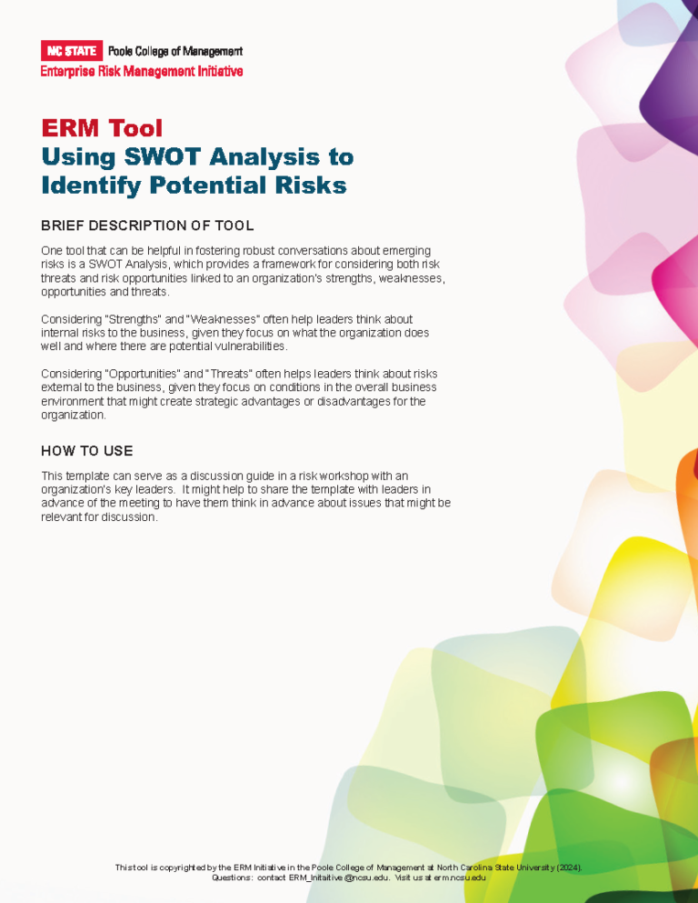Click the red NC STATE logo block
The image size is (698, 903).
71,51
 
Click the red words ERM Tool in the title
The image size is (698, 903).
102,128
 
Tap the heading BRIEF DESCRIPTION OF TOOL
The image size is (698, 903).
147,226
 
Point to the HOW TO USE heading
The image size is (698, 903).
87,451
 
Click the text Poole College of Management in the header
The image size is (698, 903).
175,51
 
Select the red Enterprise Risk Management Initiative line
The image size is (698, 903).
142,71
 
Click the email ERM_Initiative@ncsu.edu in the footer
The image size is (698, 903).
331,878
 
